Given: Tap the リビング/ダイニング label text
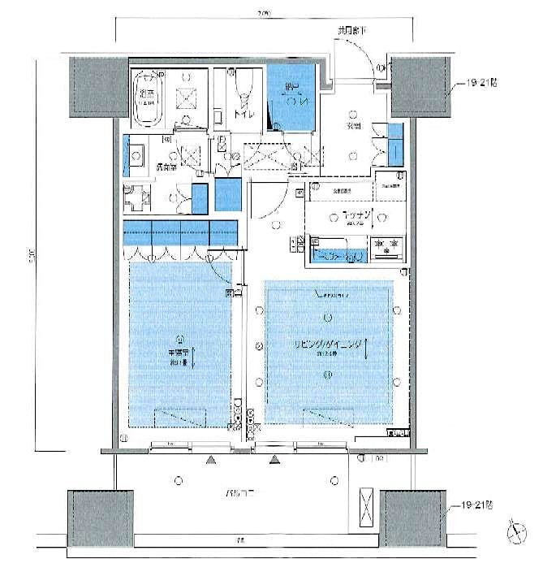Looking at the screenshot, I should (326, 345).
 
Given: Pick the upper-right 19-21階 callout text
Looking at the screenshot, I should (476, 83).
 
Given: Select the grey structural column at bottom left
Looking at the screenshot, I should (99, 518).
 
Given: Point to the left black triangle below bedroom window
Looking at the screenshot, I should (211, 461).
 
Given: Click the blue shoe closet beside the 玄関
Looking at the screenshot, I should (394, 145).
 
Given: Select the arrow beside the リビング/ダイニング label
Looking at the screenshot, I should (367, 350).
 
